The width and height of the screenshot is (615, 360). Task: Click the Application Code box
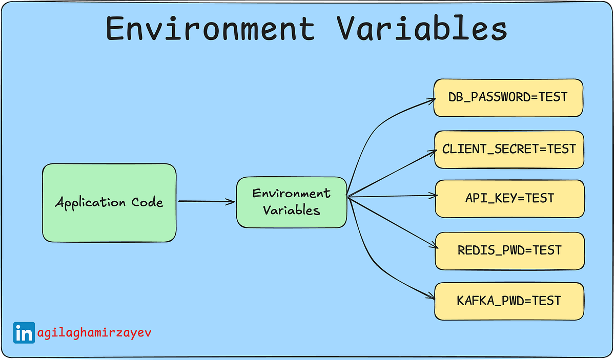[x=109, y=202]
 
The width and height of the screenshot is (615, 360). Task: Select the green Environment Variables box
[x=291, y=202]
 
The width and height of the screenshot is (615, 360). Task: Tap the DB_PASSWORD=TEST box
[x=508, y=97]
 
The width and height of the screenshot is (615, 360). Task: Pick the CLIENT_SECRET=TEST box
[x=508, y=149]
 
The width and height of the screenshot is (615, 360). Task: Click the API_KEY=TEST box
[x=509, y=198]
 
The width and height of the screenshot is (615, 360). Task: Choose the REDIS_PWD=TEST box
[x=509, y=250]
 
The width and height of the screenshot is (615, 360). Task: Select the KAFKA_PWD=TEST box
[x=508, y=301]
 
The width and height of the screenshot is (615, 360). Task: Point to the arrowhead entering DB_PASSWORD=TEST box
[x=432, y=100]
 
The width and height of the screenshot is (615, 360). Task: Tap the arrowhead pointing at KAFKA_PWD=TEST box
[x=430, y=296]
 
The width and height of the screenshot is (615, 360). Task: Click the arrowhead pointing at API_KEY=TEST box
[x=432, y=195]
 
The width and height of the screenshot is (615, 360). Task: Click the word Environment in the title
[x=210, y=29]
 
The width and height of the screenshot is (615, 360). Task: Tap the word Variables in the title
[x=422, y=29]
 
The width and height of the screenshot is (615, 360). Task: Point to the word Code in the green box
[x=147, y=202]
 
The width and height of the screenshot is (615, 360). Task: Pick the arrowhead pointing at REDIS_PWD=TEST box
[x=432, y=246]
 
